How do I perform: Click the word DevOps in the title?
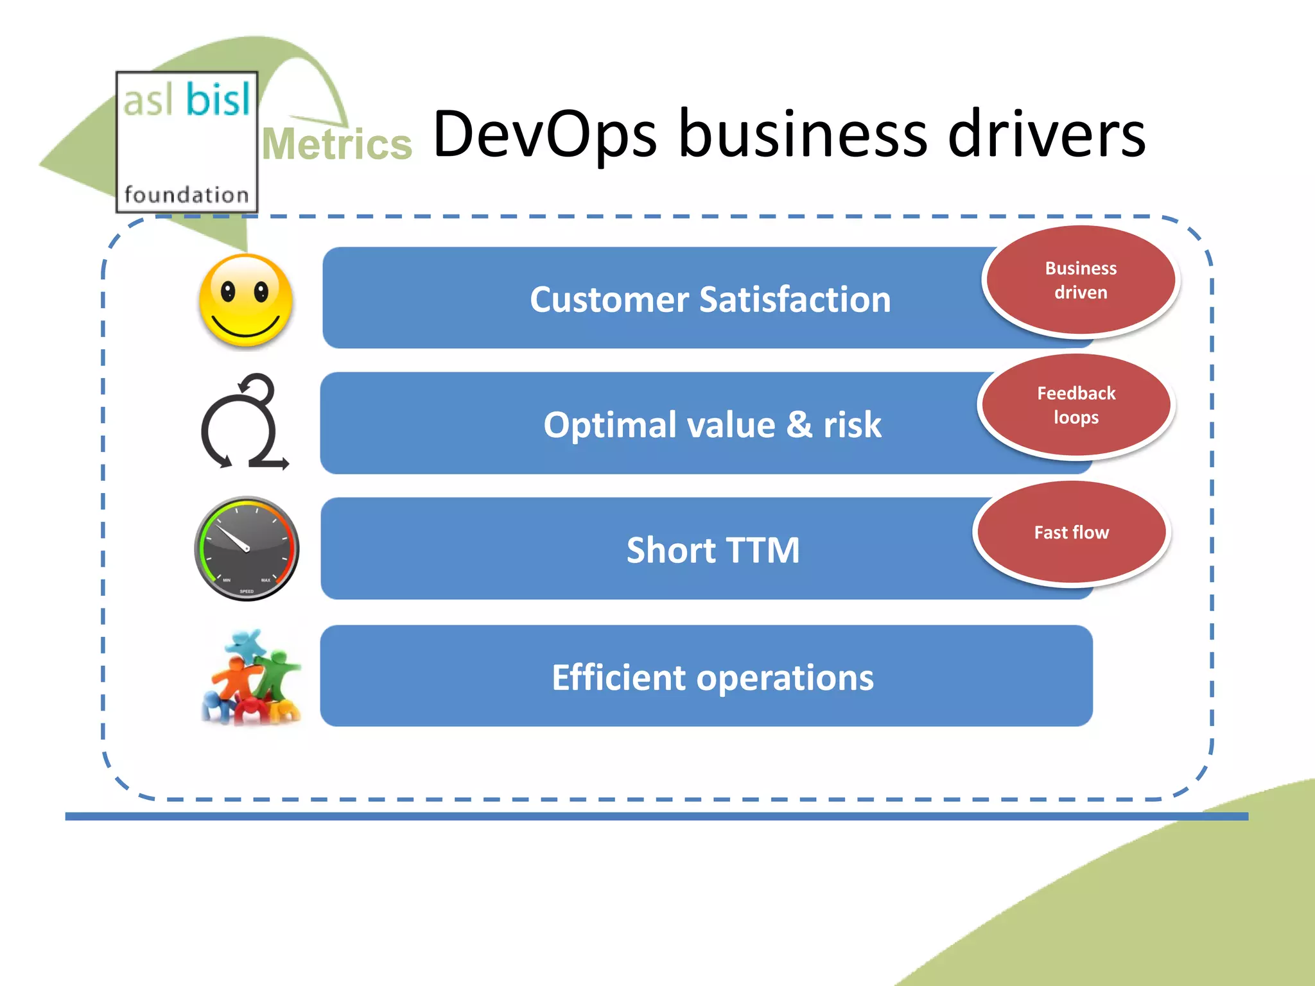544,135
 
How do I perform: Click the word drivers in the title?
1047,135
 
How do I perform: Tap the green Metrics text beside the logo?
336,144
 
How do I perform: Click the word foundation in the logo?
186,195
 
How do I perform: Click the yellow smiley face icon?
246,300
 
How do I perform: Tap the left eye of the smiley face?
228,292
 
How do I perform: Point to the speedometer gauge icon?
247,548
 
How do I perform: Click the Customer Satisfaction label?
710,300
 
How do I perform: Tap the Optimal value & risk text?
712,425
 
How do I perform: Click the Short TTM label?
713,550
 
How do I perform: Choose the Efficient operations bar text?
713,677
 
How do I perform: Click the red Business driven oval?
1081,280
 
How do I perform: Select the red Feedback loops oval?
1076,405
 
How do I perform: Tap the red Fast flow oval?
1071,532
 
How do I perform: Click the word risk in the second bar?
852,425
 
